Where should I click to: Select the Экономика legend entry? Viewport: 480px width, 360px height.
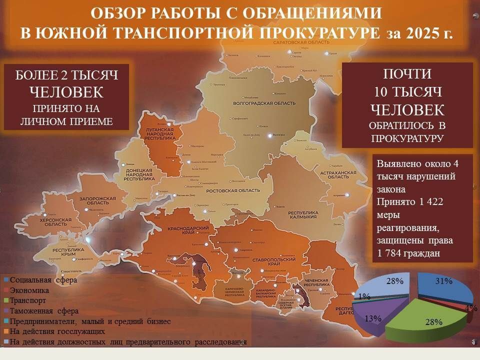pos(29,290)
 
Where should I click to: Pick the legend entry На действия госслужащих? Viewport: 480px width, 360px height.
pos(57,331)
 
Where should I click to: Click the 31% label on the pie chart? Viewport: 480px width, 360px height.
pos(443,281)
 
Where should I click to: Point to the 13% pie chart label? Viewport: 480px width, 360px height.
pos(373,318)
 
